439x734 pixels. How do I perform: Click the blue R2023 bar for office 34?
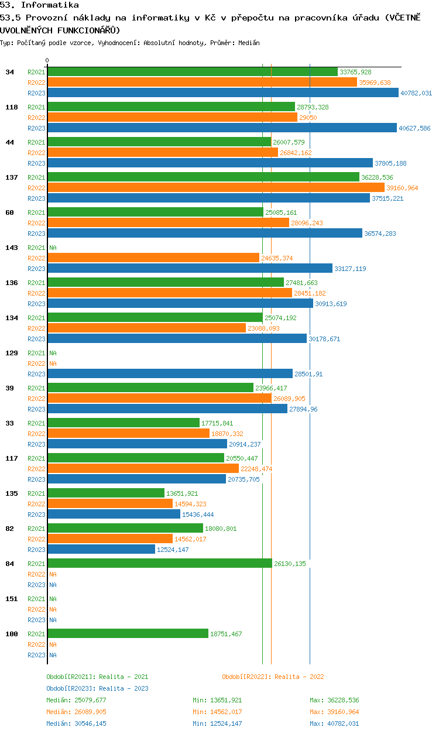(223, 92)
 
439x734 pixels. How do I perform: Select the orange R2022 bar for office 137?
(216, 187)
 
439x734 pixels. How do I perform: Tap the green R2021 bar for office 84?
(160, 563)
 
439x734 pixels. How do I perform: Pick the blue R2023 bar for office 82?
(102, 549)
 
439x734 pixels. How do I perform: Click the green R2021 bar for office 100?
(128, 633)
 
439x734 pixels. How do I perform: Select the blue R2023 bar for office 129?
(170, 373)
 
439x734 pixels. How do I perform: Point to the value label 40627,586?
(414, 128)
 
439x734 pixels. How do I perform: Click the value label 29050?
(308, 118)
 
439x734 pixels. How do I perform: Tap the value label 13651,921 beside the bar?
(182, 493)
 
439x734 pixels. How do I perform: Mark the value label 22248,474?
(256, 469)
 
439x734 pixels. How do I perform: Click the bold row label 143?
(12, 248)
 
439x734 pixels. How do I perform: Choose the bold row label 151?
(12, 599)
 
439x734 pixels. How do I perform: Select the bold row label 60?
(9, 212)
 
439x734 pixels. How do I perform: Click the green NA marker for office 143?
(53, 248)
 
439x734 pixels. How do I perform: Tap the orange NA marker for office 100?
(53, 644)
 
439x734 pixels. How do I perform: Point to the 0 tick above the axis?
(47, 60)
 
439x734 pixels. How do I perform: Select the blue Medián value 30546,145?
(90, 723)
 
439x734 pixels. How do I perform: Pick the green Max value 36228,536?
(344, 700)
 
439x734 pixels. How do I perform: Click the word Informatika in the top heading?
(50, 5)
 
